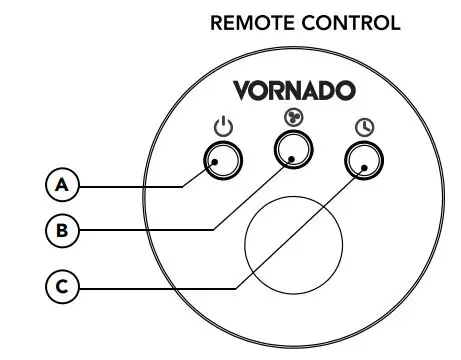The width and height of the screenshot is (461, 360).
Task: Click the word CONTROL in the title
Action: tap(347, 22)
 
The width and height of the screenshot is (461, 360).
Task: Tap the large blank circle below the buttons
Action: tap(294, 241)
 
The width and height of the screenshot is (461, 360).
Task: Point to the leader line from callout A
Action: tap(130, 185)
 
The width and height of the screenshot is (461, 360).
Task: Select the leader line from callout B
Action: tap(150, 230)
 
